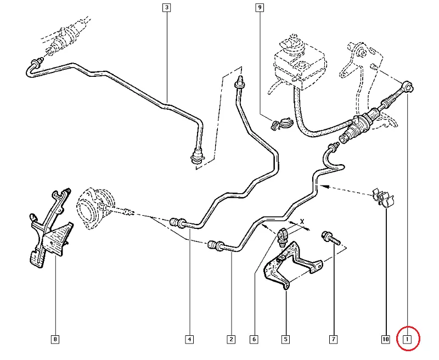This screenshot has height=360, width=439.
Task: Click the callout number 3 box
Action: (x=166, y=8)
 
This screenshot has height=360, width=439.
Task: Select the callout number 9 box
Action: (x=260, y=8)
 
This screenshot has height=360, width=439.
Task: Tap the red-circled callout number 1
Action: (x=408, y=339)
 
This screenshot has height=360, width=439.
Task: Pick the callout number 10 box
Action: (x=385, y=339)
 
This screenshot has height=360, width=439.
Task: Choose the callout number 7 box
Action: (x=333, y=339)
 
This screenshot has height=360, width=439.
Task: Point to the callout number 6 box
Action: (x=254, y=339)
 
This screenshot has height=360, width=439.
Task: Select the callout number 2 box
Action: (x=231, y=339)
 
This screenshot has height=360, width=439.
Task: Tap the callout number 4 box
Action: (x=189, y=339)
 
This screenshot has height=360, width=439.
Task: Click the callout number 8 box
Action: (x=55, y=339)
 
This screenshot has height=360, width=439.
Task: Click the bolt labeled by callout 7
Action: (x=330, y=238)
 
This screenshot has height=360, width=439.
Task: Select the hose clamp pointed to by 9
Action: (x=280, y=125)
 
